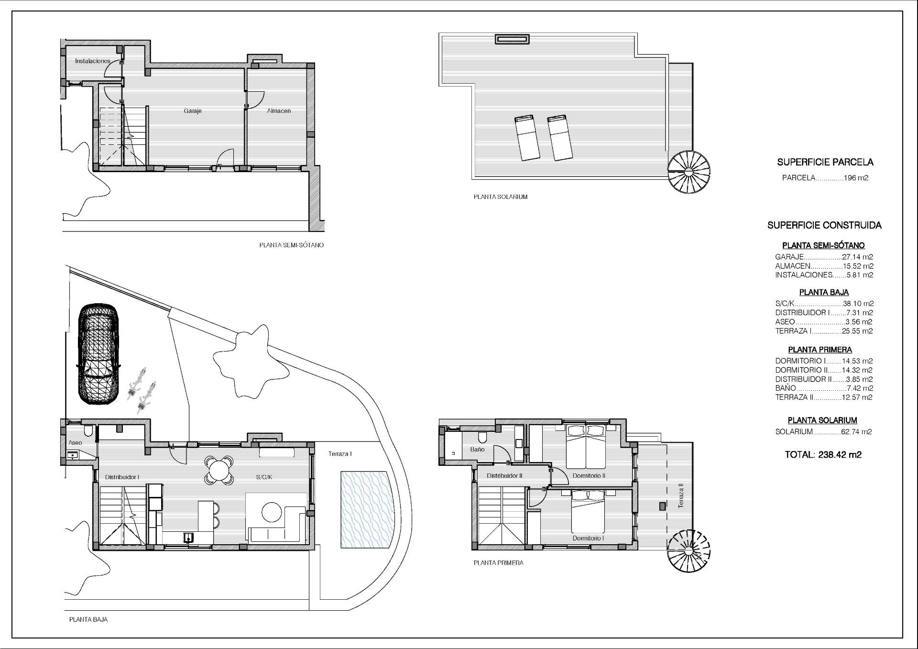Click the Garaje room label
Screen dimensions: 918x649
pyautogui.click(x=193, y=111)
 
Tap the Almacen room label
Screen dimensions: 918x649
pyautogui.click(x=279, y=111)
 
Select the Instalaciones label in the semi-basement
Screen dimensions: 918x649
pyautogui.click(x=93, y=61)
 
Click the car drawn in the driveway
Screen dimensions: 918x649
pyautogui.click(x=98, y=354)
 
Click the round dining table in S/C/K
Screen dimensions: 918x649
pyautogui.click(x=219, y=470)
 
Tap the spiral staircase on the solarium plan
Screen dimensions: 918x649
pyautogui.click(x=689, y=172)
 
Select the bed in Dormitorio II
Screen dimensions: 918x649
pyautogui.click(x=586, y=447)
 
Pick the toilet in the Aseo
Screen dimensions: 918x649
pyautogui.click(x=88, y=432)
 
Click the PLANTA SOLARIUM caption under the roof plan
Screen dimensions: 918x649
pyautogui.click(x=500, y=197)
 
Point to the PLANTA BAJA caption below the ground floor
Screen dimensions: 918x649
pyautogui.click(x=88, y=619)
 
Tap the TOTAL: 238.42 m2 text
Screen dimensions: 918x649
pyautogui.click(x=823, y=455)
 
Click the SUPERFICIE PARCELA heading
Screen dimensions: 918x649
pyautogui.click(x=825, y=162)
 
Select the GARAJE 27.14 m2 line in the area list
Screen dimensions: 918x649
pyautogui.click(x=824, y=257)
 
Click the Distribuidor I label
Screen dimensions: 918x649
pyautogui.click(x=122, y=477)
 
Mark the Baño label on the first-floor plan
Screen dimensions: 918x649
pyautogui.click(x=477, y=449)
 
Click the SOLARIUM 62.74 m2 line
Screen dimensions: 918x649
pyautogui.click(x=823, y=431)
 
